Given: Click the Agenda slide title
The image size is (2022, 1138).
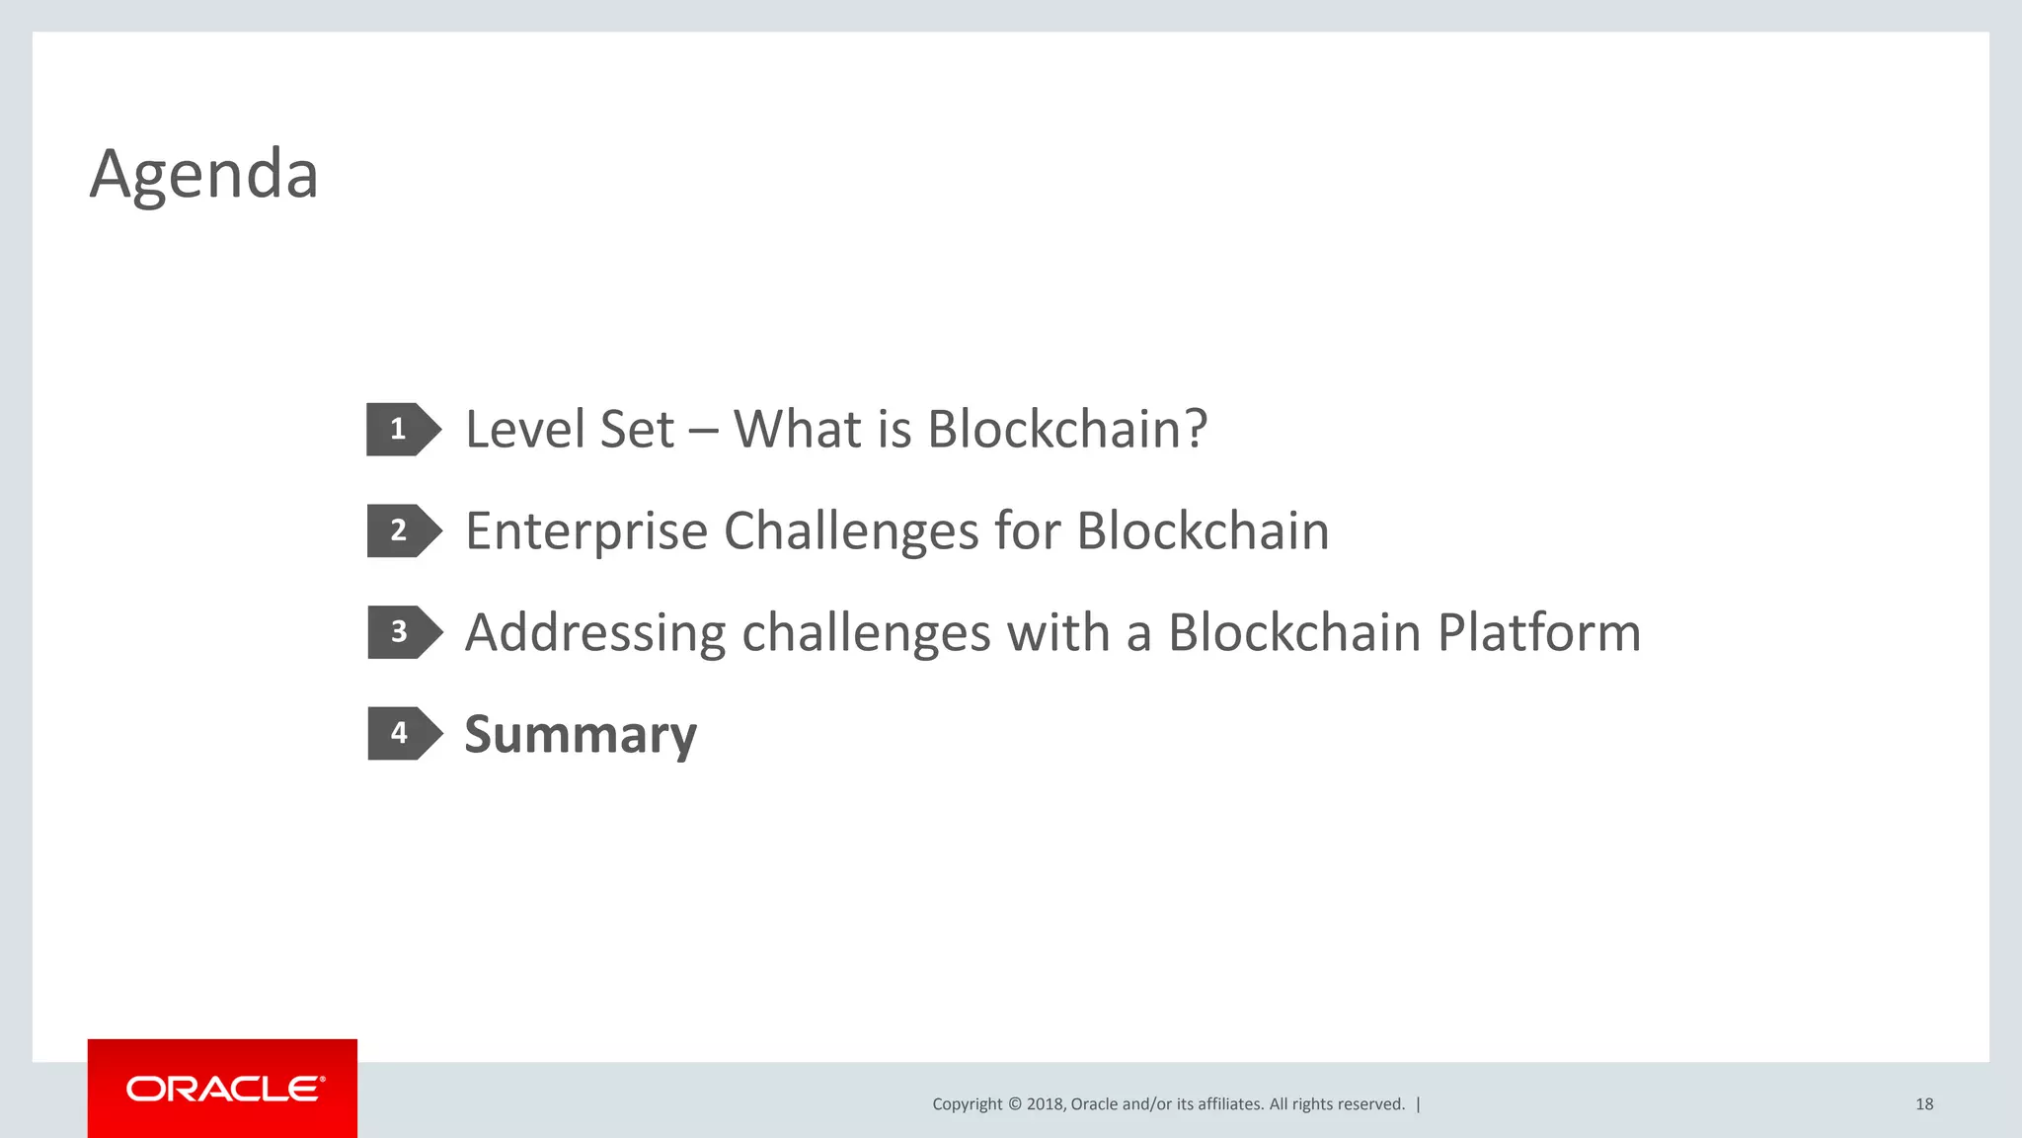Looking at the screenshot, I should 204,174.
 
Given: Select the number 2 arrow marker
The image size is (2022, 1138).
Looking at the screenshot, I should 402,531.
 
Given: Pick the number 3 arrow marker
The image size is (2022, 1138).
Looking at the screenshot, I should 402,632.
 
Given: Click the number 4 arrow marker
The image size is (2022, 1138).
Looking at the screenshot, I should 402,733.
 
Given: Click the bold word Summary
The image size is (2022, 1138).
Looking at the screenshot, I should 581,735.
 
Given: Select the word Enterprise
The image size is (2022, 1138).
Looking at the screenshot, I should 586,531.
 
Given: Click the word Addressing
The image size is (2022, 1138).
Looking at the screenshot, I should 595,633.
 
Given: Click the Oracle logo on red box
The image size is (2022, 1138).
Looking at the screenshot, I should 223,1089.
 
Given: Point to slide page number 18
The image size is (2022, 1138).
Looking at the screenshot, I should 1923,1104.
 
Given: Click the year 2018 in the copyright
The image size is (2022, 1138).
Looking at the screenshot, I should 1045,1104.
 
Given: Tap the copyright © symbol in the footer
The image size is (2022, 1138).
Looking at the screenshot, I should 1014,1104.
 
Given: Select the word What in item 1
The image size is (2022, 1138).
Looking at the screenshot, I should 798,430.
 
